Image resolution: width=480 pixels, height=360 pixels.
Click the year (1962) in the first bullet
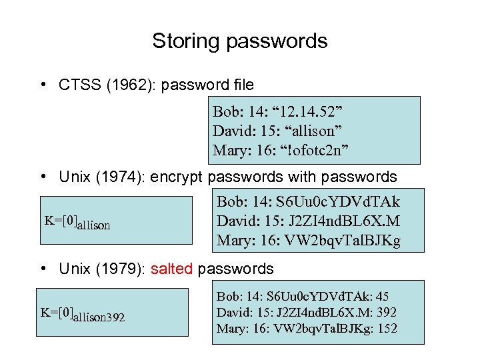click(x=123, y=85)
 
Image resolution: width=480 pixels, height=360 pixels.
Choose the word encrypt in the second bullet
click(x=178, y=177)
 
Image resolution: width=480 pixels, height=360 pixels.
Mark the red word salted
click(x=172, y=269)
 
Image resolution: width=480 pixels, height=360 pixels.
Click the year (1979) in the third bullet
click(x=124, y=269)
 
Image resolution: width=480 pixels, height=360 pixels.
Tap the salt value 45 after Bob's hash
click(x=383, y=296)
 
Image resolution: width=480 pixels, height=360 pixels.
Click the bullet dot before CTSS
click(x=42, y=85)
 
